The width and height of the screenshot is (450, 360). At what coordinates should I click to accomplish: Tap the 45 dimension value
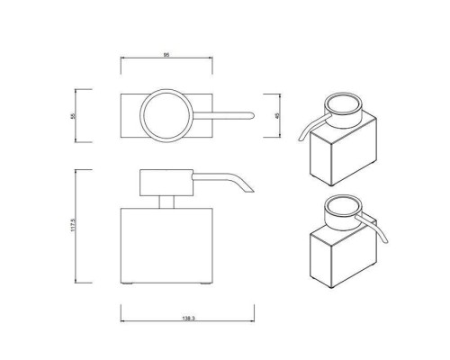(277, 115)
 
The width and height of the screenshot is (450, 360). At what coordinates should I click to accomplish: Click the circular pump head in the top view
(168, 114)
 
